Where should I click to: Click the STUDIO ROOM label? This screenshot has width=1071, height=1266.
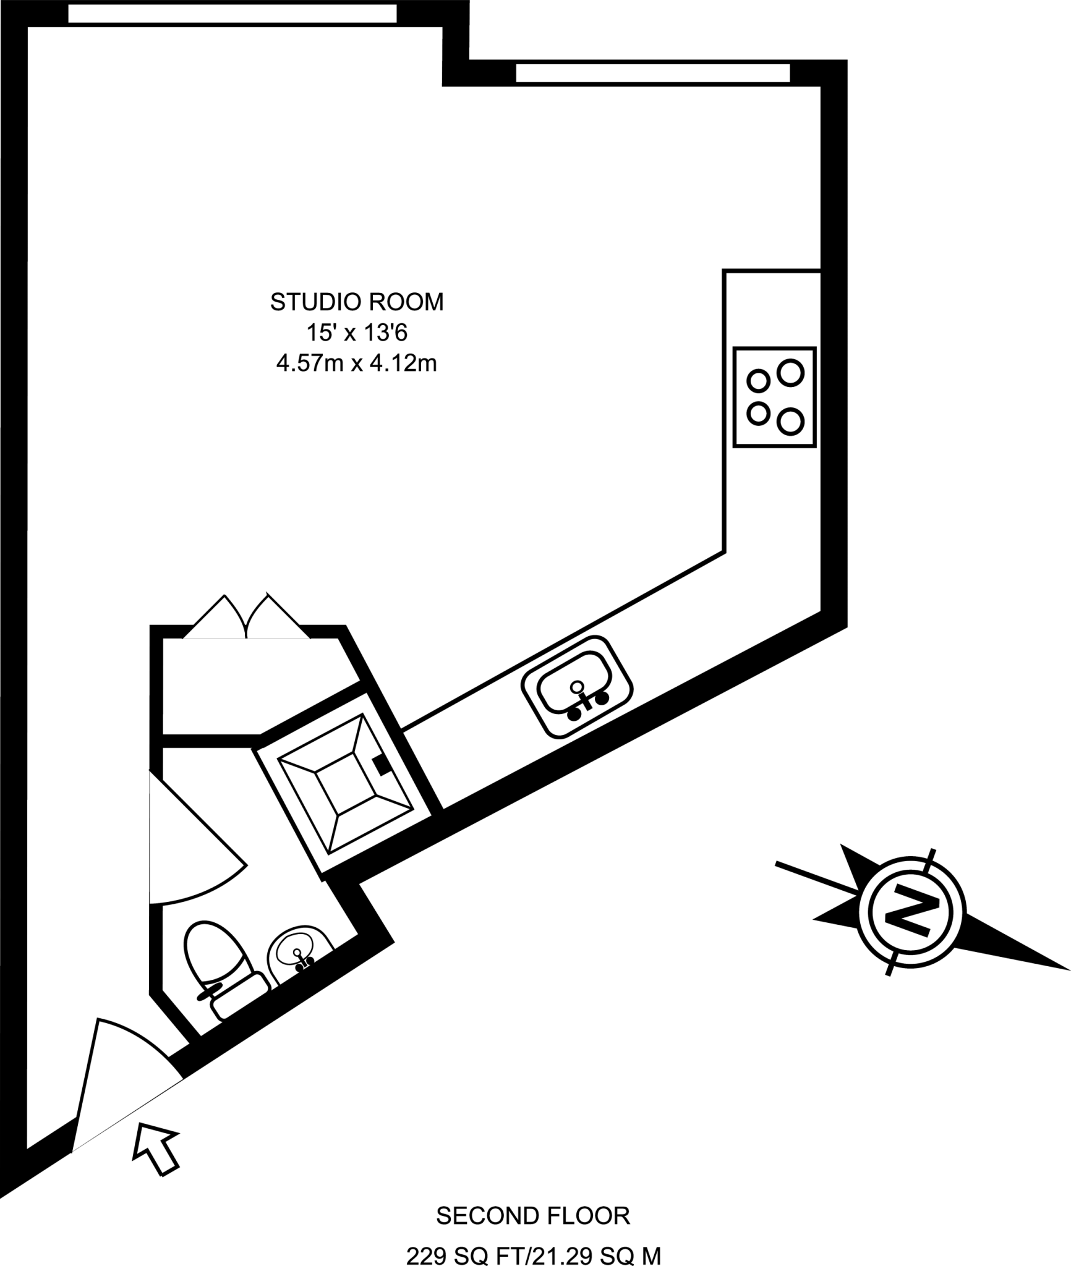(357, 302)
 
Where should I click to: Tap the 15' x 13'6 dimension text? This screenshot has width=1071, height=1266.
(357, 333)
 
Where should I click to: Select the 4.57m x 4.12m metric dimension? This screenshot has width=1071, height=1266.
(357, 364)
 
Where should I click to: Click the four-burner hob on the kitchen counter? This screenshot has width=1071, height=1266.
(774, 397)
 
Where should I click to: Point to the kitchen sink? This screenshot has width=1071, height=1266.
(577, 686)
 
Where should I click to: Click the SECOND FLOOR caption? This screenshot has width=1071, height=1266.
(533, 1198)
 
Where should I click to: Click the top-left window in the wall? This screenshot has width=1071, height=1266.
(232, 14)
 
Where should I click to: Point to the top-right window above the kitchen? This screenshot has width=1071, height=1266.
(653, 73)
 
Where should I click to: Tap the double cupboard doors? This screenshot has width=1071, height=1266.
(247, 617)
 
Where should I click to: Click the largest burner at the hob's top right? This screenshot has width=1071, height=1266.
(790, 373)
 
